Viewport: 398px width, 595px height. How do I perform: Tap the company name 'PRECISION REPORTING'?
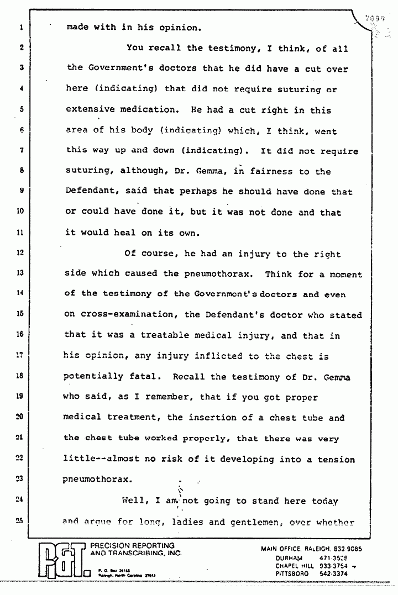coord(132,546)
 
